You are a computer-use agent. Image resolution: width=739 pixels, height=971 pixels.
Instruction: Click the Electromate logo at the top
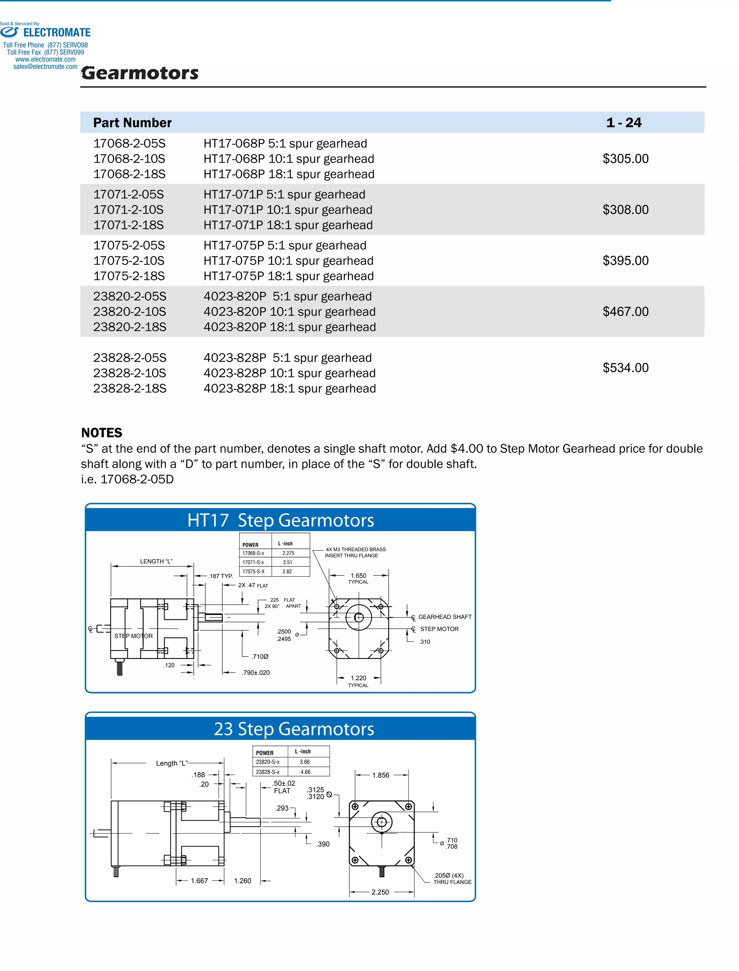coord(46,32)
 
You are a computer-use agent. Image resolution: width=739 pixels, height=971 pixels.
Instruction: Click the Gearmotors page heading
coord(140,73)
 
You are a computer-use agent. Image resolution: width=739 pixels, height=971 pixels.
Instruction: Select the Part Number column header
coord(132,122)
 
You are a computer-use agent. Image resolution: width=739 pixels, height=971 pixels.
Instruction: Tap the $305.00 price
coord(625,159)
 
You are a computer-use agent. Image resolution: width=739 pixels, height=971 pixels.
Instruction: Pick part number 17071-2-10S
coord(128,210)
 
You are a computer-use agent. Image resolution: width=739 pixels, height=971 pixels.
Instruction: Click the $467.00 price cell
coord(625,312)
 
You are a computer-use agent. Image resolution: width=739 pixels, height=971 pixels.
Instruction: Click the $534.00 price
coord(625,368)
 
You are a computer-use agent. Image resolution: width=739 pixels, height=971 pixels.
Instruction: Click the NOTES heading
coord(102,433)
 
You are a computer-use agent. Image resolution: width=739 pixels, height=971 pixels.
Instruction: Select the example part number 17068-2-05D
coord(137,479)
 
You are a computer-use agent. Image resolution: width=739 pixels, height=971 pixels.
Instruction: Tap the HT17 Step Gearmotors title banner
coord(280,520)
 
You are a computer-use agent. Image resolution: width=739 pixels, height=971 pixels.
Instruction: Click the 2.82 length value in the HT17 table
coord(287,572)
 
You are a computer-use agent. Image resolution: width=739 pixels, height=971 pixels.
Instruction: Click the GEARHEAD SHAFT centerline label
coord(444,617)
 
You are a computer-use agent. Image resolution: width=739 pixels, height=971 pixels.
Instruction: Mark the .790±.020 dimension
coord(255,672)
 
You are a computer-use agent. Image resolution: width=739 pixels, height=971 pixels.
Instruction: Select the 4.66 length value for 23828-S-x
coord(305,772)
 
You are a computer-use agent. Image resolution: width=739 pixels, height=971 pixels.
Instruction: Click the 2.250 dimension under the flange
coord(380,892)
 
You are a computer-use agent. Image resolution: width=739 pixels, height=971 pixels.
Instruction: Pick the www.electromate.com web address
coord(45,60)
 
